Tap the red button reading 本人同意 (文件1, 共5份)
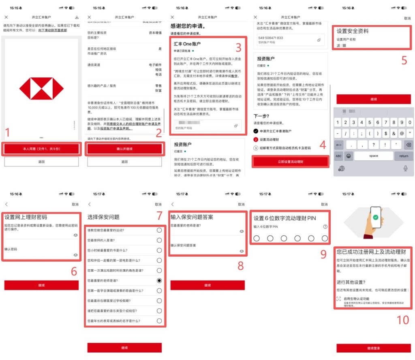[41, 149]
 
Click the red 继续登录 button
[373, 348]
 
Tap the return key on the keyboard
[404, 156]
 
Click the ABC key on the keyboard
[339, 156]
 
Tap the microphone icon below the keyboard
[405, 168]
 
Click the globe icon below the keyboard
[342, 168]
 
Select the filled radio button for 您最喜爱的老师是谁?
[159, 280]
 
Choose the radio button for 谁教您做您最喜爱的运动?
[159, 230]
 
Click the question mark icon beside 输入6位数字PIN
[325, 227]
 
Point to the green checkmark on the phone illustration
[376, 217]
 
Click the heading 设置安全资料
[353, 31]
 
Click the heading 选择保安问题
[103, 217]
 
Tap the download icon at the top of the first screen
[77, 17]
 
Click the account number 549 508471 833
[270, 38]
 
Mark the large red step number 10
[402, 320]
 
